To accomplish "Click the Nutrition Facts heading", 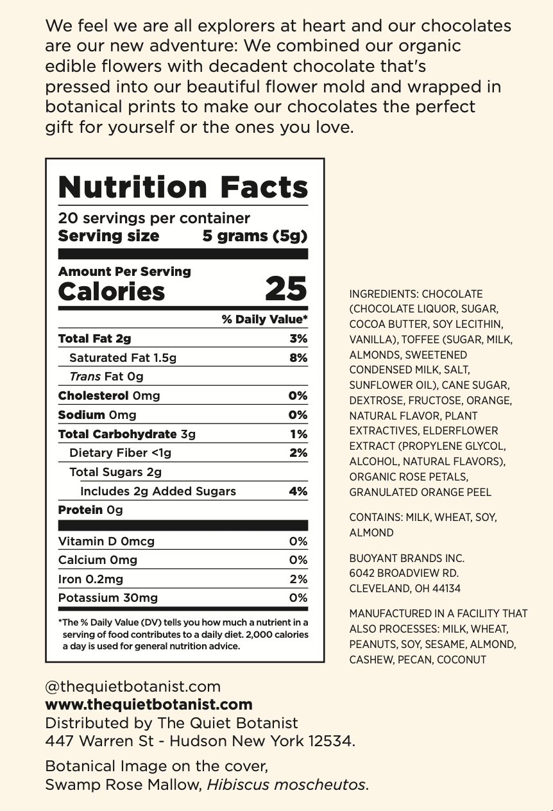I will click(183, 187).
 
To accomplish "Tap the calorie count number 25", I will click(285, 289).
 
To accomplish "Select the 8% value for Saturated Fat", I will click(298, 358).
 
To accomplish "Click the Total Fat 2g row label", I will click(94, 339).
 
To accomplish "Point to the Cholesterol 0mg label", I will click(109, 396).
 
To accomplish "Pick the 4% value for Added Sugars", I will click(298, 491).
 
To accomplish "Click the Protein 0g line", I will click(90, 510).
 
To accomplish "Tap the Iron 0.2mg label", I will click(90, 579).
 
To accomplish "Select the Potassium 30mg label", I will click(108, 598).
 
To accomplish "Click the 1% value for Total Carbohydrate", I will click(299, 434).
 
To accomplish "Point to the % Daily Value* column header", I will click(264, 320).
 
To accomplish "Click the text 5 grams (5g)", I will click(255, 236).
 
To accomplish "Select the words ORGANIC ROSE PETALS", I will click(409, 477).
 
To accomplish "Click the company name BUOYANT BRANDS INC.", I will click(407, 558).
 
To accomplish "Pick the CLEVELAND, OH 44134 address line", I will click(405, 588).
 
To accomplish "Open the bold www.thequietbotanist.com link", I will click(148, 704).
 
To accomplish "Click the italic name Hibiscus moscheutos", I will click(287, 784).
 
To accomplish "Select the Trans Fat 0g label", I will click(106, 377).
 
